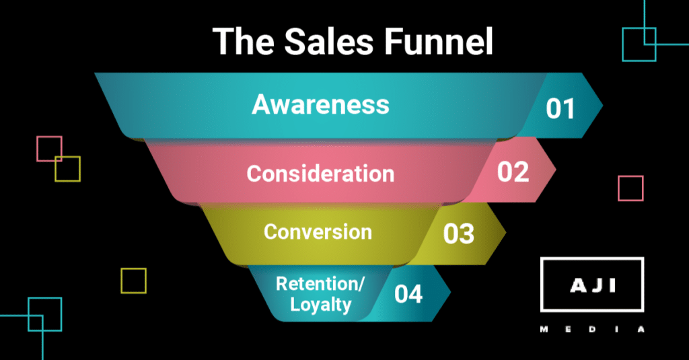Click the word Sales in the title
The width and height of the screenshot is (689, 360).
point(328,41)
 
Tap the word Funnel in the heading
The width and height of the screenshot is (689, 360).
point(438,41)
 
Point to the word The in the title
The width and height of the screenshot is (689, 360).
point(243,41)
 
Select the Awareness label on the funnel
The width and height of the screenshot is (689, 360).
point(320,104)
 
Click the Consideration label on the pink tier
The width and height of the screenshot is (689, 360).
point(320,174)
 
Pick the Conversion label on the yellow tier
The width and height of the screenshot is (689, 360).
point(318,231)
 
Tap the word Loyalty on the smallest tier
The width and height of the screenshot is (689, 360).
point(320,304)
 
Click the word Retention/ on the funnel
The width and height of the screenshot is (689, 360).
point(320,283)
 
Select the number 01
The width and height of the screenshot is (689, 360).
point(560,109)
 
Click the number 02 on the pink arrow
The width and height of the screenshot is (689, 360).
point(513,172)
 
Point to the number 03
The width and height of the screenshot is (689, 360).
point(459,233)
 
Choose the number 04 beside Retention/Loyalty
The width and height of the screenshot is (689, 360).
point(408,294)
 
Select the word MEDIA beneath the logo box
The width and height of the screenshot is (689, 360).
point(592,329)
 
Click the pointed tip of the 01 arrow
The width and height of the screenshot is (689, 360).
point(603,106)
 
